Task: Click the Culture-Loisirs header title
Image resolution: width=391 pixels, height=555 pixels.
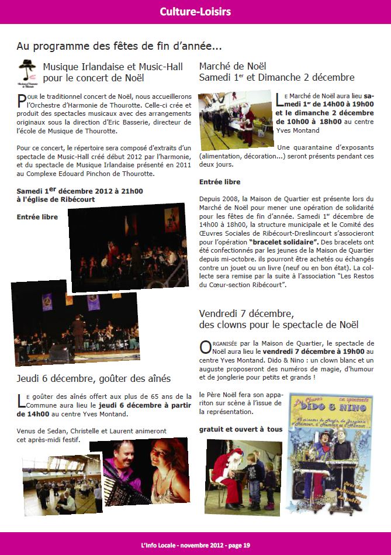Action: (195, 11)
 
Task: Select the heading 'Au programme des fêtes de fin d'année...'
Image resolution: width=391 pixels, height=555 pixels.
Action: (119, 46)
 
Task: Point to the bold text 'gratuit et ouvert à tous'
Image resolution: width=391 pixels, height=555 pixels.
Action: (240, 429)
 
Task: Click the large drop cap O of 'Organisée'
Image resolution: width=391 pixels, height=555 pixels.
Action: (206, 347)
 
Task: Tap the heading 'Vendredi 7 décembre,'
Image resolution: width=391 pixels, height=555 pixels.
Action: (246, 313)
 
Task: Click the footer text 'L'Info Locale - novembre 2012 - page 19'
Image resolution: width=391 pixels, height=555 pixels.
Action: (195, 545)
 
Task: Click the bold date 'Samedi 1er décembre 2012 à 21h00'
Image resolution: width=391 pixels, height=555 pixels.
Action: (79, 190)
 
